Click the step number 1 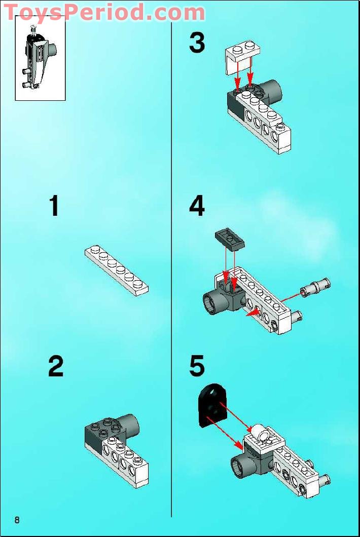pyautogui.click(x=54, y=207)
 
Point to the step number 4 pyautogui.click(x=197, y=207)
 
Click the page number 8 pyautogui.click(x=17, y=520)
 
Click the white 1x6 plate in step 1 pyautogui.click(x=117, y=269)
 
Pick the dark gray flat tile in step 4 pyautogui.click(x=230, y=239)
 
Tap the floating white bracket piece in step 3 pyautogui.click(x=242, y=55)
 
